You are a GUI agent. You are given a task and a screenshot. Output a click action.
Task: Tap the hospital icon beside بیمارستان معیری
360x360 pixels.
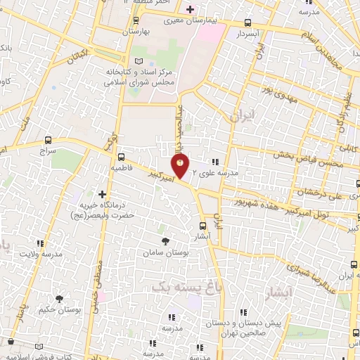pyautogui.click(x=189, y=9)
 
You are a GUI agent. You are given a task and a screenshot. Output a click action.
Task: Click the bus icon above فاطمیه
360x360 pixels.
pyautogui.click(x=122, y=157)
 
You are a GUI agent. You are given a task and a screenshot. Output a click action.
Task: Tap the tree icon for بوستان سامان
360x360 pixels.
pyautogui.click(x=165, y=241)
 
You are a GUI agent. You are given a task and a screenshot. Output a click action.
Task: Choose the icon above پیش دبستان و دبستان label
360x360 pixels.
pyautogui.click(x=243, y=311)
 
